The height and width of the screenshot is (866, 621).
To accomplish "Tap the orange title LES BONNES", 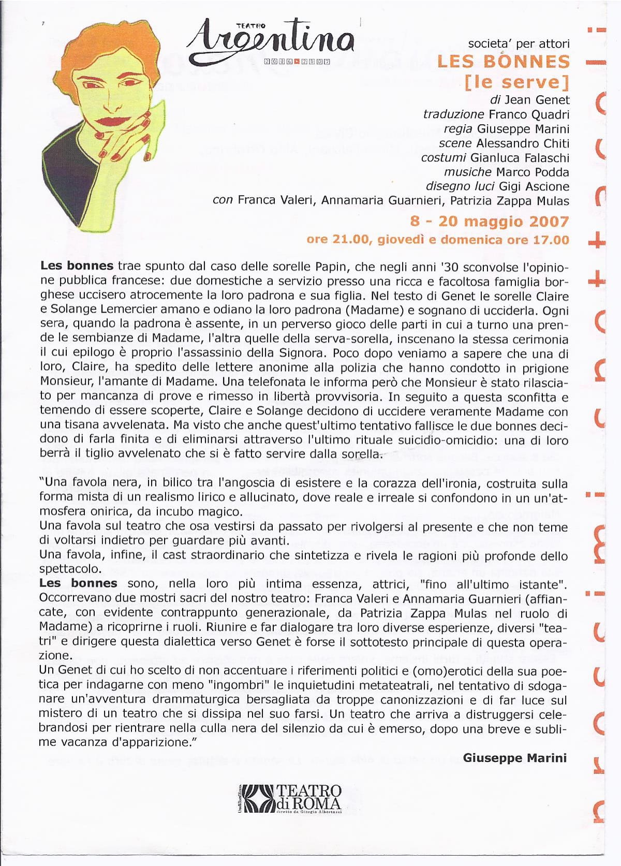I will (503, 62).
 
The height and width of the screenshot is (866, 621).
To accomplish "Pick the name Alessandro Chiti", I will (523, 143).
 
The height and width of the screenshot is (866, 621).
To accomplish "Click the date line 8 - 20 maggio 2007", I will (489, 222).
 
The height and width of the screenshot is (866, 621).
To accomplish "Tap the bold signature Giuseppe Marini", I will (514, 758).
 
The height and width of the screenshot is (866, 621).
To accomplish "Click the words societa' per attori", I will (519, 44).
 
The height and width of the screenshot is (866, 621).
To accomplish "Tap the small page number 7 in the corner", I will (45, 23).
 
